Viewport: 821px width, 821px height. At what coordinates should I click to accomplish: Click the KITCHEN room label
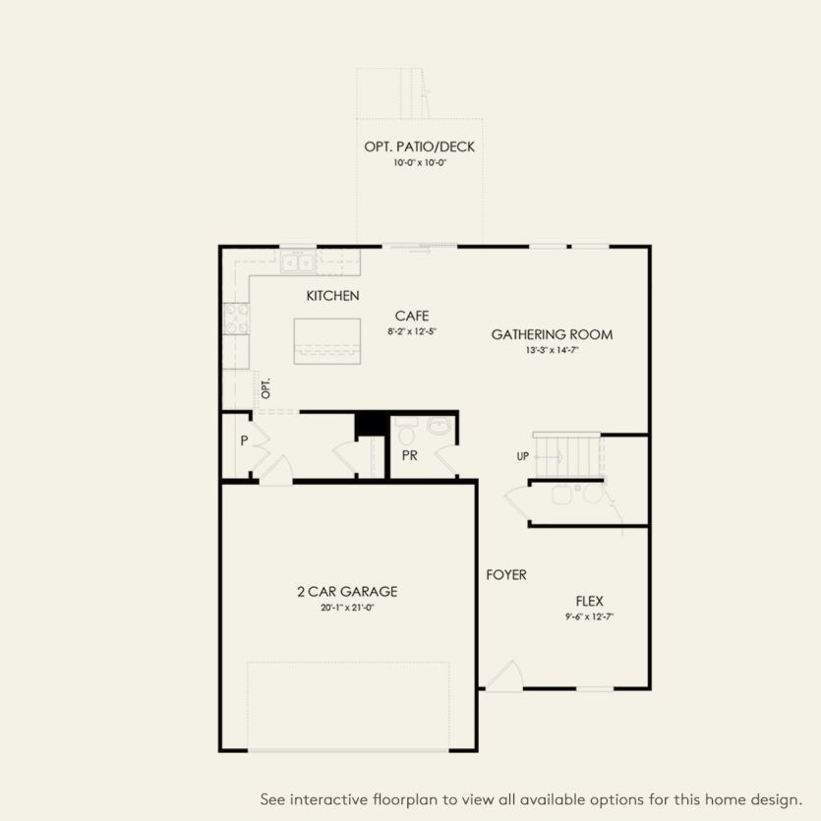[x=332, y=296]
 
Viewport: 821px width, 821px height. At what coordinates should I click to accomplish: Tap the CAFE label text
[x=411, y=316]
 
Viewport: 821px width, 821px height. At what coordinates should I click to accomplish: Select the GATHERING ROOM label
[x=552, y=334]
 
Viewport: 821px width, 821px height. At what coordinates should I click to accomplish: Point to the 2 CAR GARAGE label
[x=347, y=591]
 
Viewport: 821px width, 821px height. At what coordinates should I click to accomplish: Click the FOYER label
[x=506, y=575]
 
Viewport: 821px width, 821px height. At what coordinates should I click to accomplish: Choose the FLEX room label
[x=589, y=601]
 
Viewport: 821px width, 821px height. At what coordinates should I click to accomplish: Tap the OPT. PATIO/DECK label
[x=419, y=147]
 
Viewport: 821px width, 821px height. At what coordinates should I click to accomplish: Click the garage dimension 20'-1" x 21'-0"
[x=347, y=608]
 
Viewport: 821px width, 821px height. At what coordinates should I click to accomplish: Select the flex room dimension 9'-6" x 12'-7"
[x=590, y=617]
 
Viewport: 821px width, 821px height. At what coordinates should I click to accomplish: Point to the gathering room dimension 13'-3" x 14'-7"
[x=552, y=350]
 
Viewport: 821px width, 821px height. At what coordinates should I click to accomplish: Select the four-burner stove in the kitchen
[x=237, y=318]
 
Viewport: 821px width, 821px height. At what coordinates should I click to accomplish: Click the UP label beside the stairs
[x=523, y=457]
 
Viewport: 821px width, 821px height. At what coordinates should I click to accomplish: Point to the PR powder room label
[x=410, y=457]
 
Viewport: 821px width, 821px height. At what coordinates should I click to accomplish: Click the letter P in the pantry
[x=243, y=441]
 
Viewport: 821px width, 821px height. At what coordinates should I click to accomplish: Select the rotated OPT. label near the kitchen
[x=265, y=388]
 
